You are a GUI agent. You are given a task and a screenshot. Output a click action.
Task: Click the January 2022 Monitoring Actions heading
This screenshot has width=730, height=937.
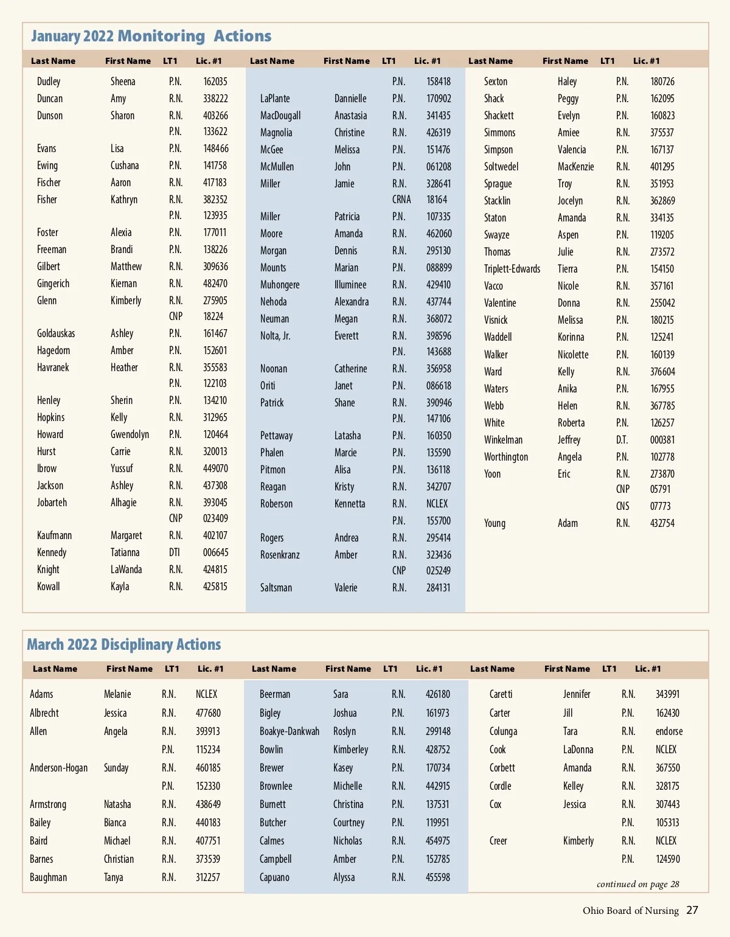click(x=151, y=37)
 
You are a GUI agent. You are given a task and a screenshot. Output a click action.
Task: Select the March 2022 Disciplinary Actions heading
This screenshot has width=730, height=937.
click(x=123, y=645)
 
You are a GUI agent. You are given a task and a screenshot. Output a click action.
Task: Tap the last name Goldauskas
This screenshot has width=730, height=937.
click(x=56, y=333)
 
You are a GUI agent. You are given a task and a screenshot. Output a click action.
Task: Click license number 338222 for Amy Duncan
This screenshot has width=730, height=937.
click(x=215, y=99)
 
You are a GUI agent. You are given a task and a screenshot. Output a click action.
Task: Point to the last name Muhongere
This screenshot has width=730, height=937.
click(x=280, y=285)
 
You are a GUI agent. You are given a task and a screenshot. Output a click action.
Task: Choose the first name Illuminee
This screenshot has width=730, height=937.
click(x=350, y=285)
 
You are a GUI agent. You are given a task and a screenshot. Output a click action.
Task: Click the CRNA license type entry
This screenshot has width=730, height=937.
click(x=401, y=200)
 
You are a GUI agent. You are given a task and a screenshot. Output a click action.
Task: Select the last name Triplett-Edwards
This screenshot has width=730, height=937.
click(x=512, y=269)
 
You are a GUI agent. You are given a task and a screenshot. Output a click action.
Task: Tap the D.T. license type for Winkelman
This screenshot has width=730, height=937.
click(x=622, y=440)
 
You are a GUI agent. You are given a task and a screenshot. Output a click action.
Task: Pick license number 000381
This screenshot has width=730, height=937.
click(x=662, y=440)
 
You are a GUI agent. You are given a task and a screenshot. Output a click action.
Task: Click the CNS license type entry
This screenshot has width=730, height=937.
click(x=622, y=506)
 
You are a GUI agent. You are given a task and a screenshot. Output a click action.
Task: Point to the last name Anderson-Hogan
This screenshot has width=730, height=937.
click(x=58, y=768)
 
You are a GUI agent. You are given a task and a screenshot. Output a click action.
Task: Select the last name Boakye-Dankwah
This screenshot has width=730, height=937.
click(x=289, y=731)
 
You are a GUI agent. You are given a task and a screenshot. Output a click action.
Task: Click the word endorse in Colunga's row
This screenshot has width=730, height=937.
click(x=669, y=731)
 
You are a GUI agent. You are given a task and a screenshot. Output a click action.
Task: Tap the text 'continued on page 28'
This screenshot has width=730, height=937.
click(x=638, y=884)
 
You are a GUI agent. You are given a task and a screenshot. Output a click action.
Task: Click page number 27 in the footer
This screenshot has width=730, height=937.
click(x=692, y=910)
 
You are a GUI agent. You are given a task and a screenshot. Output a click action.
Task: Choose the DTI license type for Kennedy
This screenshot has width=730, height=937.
click(x=175, y=552)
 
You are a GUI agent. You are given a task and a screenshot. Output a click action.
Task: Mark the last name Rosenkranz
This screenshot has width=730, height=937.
click(x=280, y=555)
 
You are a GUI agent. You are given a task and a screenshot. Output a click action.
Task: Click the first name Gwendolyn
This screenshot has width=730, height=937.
click(x=130, y=434)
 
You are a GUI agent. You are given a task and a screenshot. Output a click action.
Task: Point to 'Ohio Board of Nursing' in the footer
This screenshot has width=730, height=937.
click(x=630, y=911)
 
